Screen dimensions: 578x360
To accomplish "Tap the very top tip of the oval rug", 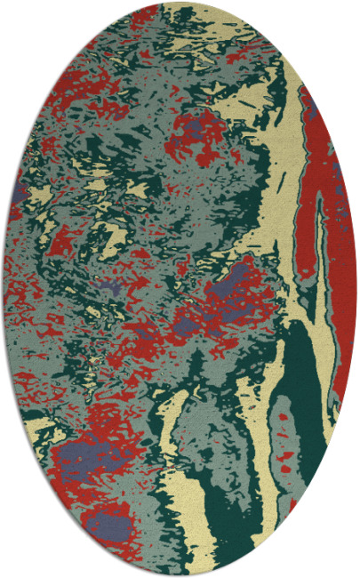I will point(180,3).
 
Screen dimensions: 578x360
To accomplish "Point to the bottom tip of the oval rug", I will point(180,575).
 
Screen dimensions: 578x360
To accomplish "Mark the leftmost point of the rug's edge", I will point(4,289).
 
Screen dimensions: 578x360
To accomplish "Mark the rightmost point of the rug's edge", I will point(356,289).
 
